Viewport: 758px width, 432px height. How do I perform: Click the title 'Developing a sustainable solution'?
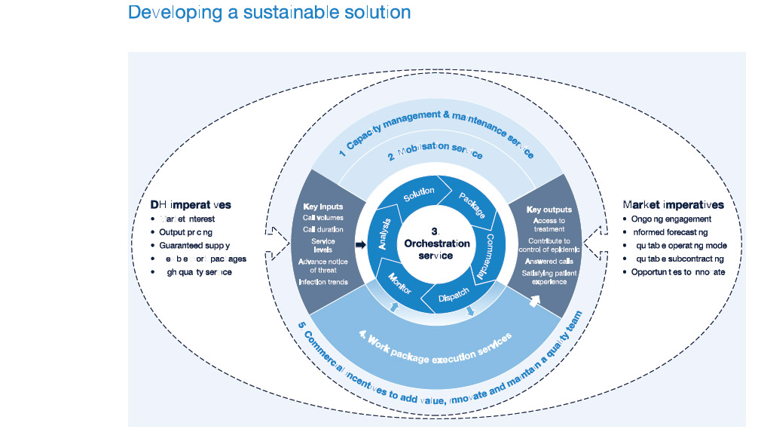tap(269, 13)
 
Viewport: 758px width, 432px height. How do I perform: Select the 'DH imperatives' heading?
tap(191, 204)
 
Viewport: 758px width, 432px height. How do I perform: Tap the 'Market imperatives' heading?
tap(673, 204)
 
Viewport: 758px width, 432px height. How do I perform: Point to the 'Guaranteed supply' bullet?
tap(194, 245)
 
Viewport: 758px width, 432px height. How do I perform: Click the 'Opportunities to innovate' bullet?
tap(678, 271)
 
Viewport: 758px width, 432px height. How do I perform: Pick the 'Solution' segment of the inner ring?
tap(419, 195)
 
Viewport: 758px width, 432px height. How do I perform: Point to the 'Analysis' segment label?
tap(381, 234)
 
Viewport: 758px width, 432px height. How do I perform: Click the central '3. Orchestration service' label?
tap(436, 244)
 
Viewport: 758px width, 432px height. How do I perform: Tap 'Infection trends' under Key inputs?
tap(322, 282)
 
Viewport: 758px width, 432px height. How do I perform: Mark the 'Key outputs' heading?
tap(549, 209)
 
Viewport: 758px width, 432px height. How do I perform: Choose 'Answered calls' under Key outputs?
tap(549, 262)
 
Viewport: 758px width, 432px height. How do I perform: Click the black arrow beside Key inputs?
tap(359, 245)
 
